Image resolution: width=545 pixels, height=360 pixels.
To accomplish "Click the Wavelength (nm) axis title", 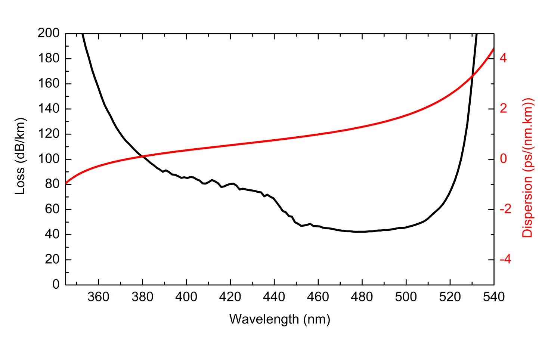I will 279,319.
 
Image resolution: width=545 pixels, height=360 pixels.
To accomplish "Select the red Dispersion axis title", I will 528,168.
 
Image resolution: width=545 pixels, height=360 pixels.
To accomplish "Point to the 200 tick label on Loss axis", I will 48,33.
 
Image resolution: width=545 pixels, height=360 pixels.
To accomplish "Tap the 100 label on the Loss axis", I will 48,159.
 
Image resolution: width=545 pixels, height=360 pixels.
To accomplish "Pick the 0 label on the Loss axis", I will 56,285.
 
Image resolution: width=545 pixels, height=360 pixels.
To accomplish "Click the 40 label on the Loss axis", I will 52,235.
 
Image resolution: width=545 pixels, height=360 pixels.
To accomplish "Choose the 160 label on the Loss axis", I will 48,84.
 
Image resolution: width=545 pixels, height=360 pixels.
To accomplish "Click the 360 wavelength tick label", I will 98,297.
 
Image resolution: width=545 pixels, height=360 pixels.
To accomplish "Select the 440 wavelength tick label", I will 274,297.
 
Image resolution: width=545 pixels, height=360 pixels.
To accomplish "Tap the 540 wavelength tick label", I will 494,297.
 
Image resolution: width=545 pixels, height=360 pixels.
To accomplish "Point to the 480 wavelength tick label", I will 362,297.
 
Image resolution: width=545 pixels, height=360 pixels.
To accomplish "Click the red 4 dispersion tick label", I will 503,58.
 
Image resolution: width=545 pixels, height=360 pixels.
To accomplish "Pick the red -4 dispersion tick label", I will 505,260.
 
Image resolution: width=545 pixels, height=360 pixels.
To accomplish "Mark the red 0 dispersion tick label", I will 503,159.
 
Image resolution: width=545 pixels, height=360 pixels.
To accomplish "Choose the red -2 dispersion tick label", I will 505,209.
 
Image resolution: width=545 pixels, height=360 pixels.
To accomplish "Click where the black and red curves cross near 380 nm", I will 142,156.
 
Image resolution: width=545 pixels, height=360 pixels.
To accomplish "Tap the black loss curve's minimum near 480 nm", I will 359,232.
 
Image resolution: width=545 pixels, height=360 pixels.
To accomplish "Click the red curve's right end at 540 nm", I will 493,48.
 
